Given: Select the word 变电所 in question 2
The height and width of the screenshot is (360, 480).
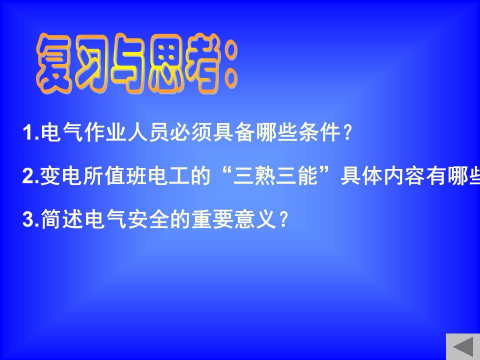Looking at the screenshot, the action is (72, 176).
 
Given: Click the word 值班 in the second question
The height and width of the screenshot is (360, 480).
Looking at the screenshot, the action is (126, 176).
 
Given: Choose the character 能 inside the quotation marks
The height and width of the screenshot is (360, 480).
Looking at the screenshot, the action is (308, 176).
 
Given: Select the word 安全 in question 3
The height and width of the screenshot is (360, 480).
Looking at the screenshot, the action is (149, 219).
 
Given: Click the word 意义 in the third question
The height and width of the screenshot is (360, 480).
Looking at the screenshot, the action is (255, 219).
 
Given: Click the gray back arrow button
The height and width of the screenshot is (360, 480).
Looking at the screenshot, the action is (463, 347).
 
